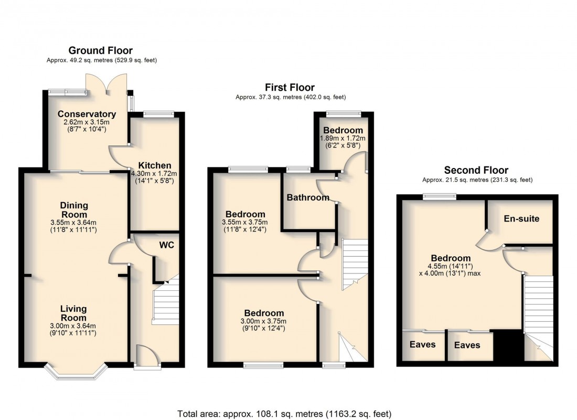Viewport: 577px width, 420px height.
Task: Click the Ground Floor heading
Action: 101,50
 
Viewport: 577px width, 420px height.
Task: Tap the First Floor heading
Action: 290,87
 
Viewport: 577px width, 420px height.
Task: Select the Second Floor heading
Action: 476,170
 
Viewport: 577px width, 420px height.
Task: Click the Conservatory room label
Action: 87,114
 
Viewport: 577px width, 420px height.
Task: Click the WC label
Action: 167,245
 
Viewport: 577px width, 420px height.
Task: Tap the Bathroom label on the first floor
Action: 308,198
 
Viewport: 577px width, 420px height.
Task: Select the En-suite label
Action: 521,218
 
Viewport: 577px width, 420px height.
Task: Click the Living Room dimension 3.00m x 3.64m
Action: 73,326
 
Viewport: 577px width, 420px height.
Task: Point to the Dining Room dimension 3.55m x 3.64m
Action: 73,223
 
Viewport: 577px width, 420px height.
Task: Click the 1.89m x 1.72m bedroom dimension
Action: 343,138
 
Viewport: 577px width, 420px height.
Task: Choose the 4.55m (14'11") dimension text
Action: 451,266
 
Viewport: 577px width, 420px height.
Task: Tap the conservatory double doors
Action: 107,84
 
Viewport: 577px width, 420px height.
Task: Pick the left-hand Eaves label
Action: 422,344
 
